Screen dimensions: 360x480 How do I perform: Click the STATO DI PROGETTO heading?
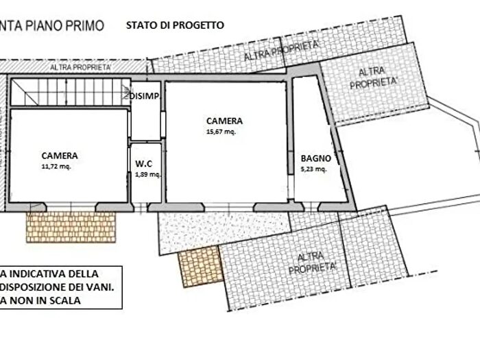tap(174, 25)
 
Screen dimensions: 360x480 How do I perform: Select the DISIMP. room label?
tap(145, 96)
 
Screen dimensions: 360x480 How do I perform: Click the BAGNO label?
tap(315, 157)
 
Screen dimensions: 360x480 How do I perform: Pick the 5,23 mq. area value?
tap(314, 168)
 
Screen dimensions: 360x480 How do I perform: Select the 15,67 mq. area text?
tap(221, 132)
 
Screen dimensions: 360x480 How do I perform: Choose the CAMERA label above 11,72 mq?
tap(59, 155)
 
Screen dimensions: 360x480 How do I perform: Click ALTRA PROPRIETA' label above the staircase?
tap(80, 68)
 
